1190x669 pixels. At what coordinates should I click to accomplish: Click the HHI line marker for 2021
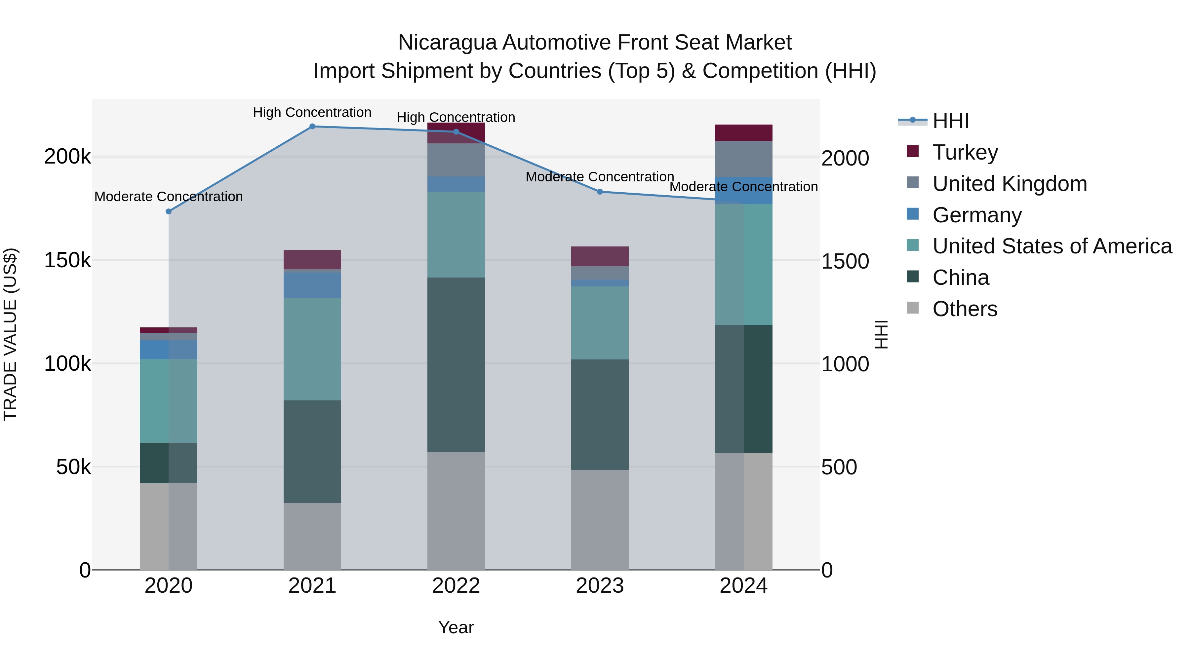tap(312, 127)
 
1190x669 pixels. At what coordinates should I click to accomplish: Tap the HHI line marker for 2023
tap(600, 192)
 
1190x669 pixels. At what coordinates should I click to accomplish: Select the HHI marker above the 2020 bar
tap(169, 211)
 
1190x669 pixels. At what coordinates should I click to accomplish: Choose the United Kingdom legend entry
tap(1010, 184)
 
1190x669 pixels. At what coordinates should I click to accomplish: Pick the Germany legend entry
tap(976, 215)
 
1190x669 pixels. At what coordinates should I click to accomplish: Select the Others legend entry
tap(965, 309)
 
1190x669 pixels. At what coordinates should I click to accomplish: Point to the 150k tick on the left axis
tap(67, 260)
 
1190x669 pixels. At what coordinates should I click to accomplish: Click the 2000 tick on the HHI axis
tap(845, 158)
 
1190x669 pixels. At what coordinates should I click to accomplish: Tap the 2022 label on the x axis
tap(456, 586)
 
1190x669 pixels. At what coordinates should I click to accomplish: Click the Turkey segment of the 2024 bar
tap(743, 133)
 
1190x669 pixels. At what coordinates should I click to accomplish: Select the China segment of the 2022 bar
tap(456, 365)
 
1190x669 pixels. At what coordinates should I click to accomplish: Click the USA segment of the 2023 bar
tap(600, 323)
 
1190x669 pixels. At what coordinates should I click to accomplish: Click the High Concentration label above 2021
tap(312, 113)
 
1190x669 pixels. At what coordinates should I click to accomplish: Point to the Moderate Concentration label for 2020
tap(169, 197)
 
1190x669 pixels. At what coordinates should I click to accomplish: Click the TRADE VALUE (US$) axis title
tap(10, 334)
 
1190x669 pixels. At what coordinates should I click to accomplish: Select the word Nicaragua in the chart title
tap(447, 43)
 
